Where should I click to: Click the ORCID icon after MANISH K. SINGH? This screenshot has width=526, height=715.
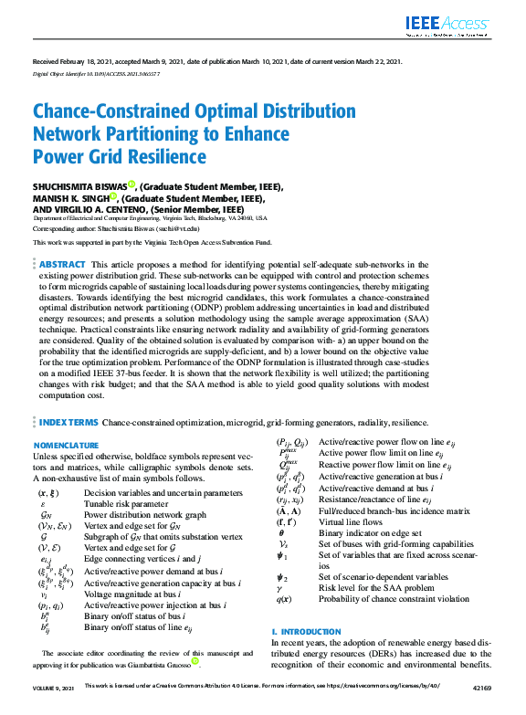pyautogui.click(x=113, y=196)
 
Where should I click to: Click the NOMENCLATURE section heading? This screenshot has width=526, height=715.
pyautogui.click(x=67, y=445)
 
